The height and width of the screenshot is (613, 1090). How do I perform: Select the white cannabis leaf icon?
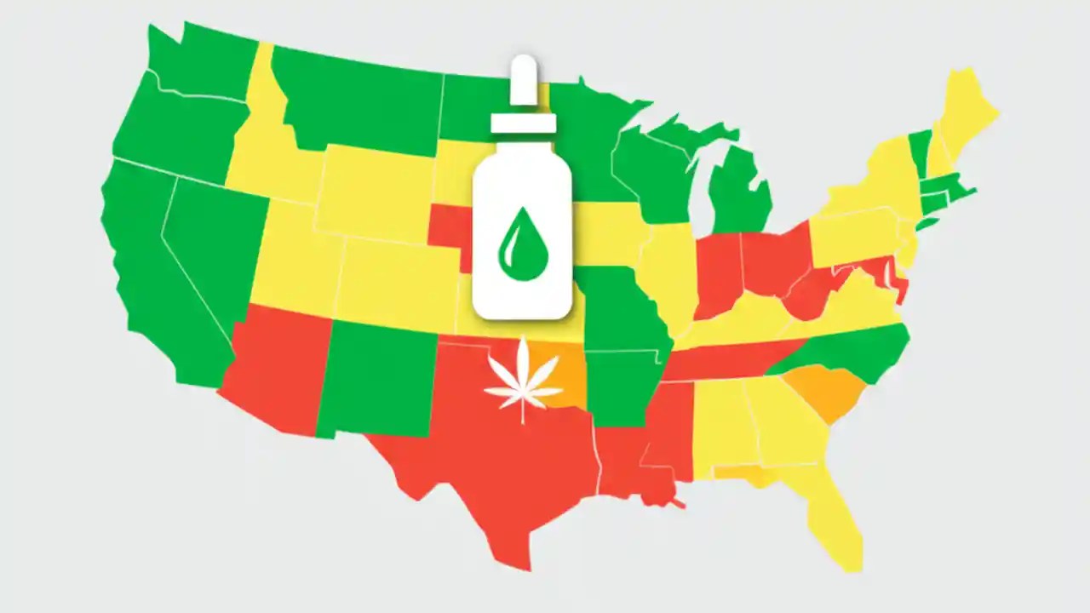[x=523, y=380]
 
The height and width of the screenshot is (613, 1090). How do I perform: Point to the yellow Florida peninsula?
[x=835, y=511]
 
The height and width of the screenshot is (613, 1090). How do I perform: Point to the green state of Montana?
[x=358, y=102]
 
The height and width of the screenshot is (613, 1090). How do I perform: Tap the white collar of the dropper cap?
[x=523, y=123]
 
